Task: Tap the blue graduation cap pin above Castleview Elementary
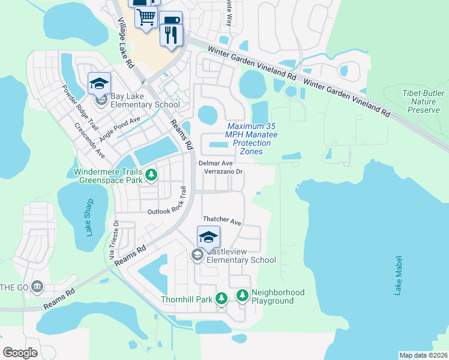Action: tap(208, 237)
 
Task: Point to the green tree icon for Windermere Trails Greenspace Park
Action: tap(152, 175)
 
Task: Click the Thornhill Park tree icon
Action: tap(221, 298)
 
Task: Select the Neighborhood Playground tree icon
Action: tap(242, 295)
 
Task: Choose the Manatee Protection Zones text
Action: tap(252, 139)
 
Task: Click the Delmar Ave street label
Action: tap(215, 163)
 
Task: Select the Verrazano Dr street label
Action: tap(223, 172)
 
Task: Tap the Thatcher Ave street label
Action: tap(221, 221)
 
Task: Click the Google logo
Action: tap(20, 352)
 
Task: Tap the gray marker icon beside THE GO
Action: tap(38, 286)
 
